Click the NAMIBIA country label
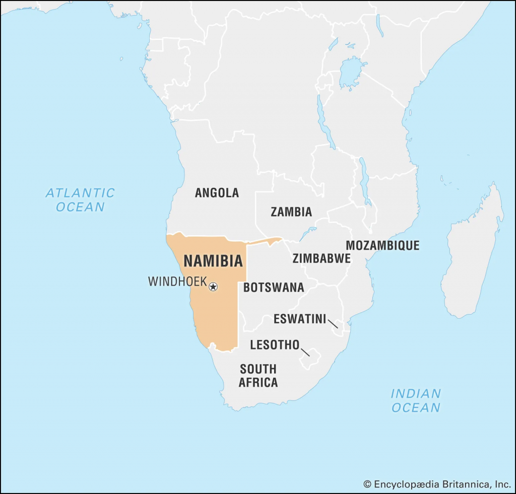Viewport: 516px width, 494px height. [213, 261]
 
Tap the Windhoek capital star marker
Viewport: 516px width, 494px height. [213, 287]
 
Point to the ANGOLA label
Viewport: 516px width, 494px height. [217, 192]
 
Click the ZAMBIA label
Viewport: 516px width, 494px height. [291, 212]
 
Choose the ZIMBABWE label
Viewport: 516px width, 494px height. [321, 259]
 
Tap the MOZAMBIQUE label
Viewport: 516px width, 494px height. [382, 246]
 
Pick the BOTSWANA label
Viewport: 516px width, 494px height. [274, 288]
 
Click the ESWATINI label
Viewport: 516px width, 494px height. [300, 319]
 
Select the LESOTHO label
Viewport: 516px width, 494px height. [275, 345]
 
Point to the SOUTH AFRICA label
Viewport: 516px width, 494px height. [258, 376]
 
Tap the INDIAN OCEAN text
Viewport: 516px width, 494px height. [416, 400]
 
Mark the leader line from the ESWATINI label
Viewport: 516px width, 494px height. [333, 323]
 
